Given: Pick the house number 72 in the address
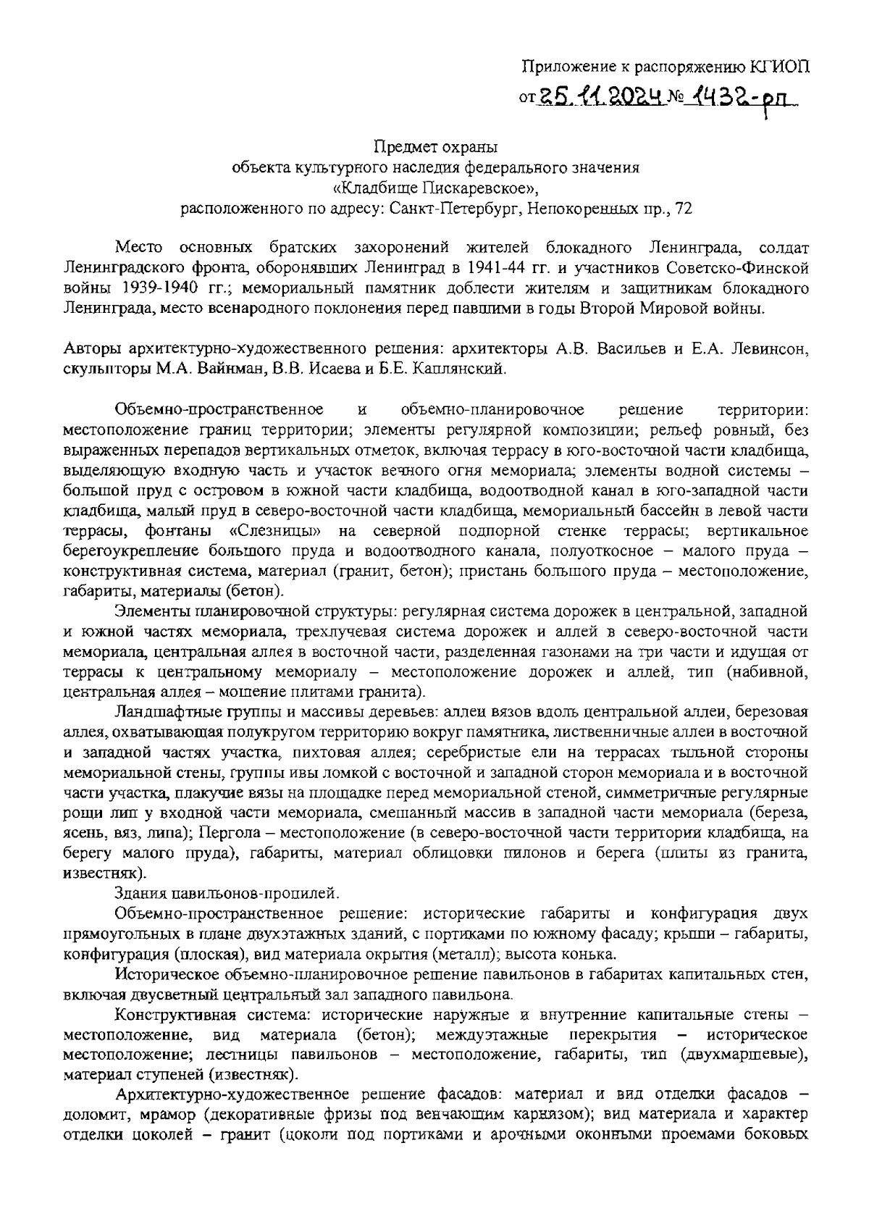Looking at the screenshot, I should pyautogui.click(x=683, y=209).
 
